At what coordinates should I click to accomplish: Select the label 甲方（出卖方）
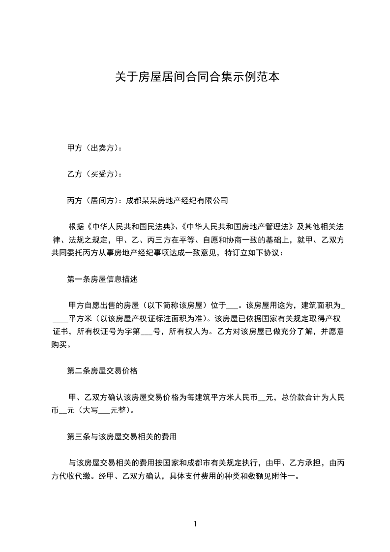pos(92,148)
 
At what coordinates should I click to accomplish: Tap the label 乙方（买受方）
pos(92,174)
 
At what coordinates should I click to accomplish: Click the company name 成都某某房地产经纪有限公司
pos(178,200)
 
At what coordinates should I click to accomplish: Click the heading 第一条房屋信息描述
pos(102,279)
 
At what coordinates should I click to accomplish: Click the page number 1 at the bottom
pos(195,524)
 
